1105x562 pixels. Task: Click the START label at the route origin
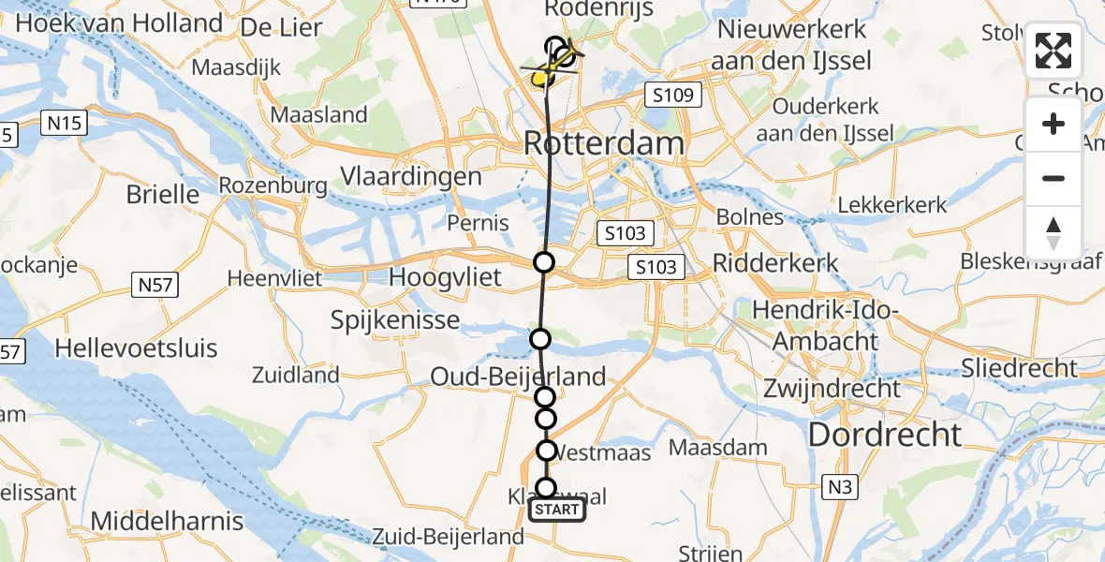[557, 510]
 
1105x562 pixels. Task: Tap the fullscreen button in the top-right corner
[1053, 51]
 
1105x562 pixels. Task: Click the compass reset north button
[1053, 233]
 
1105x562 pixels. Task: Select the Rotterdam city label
[603, 143]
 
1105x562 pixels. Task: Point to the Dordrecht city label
[884, 434]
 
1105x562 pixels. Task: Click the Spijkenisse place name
[395, 320]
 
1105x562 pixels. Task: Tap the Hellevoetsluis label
[136, 348]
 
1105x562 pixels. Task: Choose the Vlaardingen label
[411, 177]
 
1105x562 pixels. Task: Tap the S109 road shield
[673, 95]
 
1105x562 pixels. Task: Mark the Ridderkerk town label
[775, 262]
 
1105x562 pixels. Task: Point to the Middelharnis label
[168, 521]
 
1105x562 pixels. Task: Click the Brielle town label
[163, 194]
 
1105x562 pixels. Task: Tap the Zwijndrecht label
[832, 388]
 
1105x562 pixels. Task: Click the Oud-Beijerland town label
[518, 377]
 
